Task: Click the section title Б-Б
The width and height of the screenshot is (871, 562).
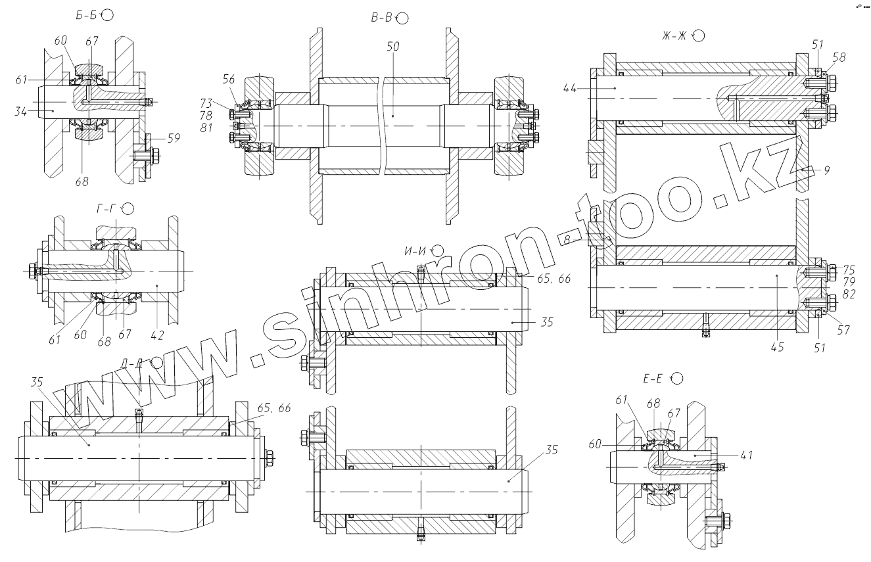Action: pyautogui.click(x=87, y=15)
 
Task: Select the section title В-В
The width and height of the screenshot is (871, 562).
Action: pyautogui.click(x=381, y=18)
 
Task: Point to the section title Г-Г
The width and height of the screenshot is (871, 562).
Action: pyautogui.click(x=106, y=209)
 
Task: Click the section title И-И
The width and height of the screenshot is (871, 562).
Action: pyautogui.click(x=415, y=250)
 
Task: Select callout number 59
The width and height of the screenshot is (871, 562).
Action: pyautogui.click(x=174, y=138)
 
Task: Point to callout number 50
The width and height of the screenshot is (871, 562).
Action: pyautogui.click(x=393, y=48)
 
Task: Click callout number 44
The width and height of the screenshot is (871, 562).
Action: pyautogui.click(x=571, y=87)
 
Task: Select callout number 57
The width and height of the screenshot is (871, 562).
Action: pyautogui.click(x=843, y=331)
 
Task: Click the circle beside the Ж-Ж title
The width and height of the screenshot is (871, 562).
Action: pyautogui.click(x=699, y=35)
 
